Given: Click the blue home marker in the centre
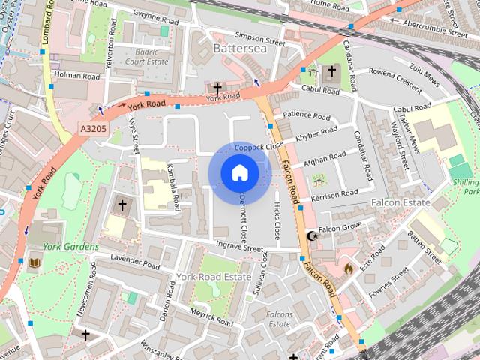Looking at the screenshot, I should coord(238,173).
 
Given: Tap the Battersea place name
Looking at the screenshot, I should coord(239,48).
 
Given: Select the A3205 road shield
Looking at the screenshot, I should coord(94,130).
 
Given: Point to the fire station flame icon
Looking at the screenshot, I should coord(348,266).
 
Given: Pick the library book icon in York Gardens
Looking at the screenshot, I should coord(34,262).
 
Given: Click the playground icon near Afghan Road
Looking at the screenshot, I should coord(319,180).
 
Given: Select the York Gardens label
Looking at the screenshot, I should coord(70,247).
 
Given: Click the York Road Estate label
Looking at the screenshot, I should coord(214,277).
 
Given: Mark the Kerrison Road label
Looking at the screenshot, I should coord(334,194).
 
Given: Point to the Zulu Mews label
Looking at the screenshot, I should coord(423,68).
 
